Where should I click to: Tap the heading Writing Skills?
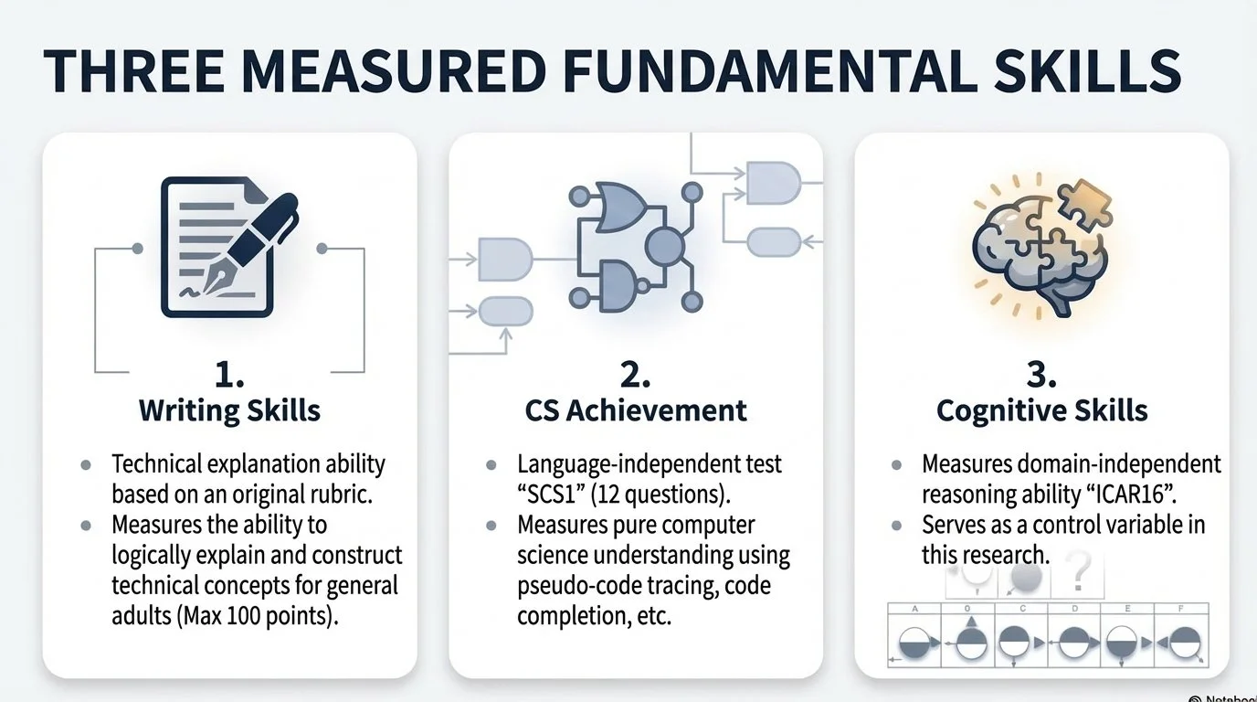pos(229,410)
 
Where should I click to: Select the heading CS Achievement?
pos(636,410)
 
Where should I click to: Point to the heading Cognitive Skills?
pos(1041,410)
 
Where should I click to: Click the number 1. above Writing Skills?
pos(229,376)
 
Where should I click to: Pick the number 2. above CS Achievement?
pos(636,376)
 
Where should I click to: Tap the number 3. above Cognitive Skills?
pos(1041,376)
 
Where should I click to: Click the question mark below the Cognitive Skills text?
pos(1079,577)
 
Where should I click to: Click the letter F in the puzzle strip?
pos(1182,608)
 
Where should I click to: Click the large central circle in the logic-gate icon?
pos(665,244)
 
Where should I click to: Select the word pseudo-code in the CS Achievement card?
pos(569,585)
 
